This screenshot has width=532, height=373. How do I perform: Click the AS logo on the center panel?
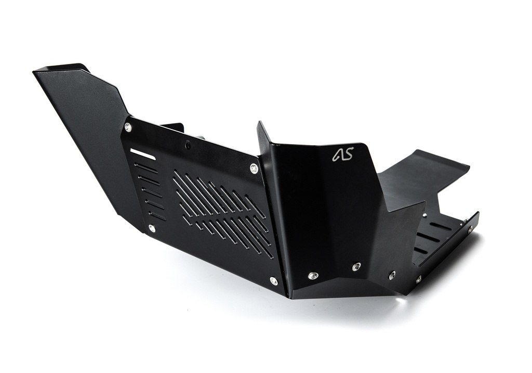[x=343, y=155]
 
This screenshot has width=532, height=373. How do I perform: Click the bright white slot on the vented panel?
[x=142, y=154]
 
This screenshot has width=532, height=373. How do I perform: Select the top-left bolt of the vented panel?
[x=128, y=127]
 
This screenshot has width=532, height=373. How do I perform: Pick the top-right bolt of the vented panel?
[x=254, y=168]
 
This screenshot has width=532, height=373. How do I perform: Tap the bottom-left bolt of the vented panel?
[x=152, y=228]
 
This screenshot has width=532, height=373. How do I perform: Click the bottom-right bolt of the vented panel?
[x=273, y=281]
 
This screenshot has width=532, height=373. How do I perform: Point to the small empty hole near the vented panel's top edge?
[x=188, y=145]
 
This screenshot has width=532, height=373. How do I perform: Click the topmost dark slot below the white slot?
[x=145, y=168]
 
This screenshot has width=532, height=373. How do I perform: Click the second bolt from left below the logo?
[x=356, y=267]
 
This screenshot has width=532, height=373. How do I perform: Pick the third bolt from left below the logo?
[x=392, y=275]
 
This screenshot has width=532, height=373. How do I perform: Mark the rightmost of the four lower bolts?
[x=418, y=279]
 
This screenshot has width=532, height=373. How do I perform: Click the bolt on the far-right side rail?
[x=471, y=228]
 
